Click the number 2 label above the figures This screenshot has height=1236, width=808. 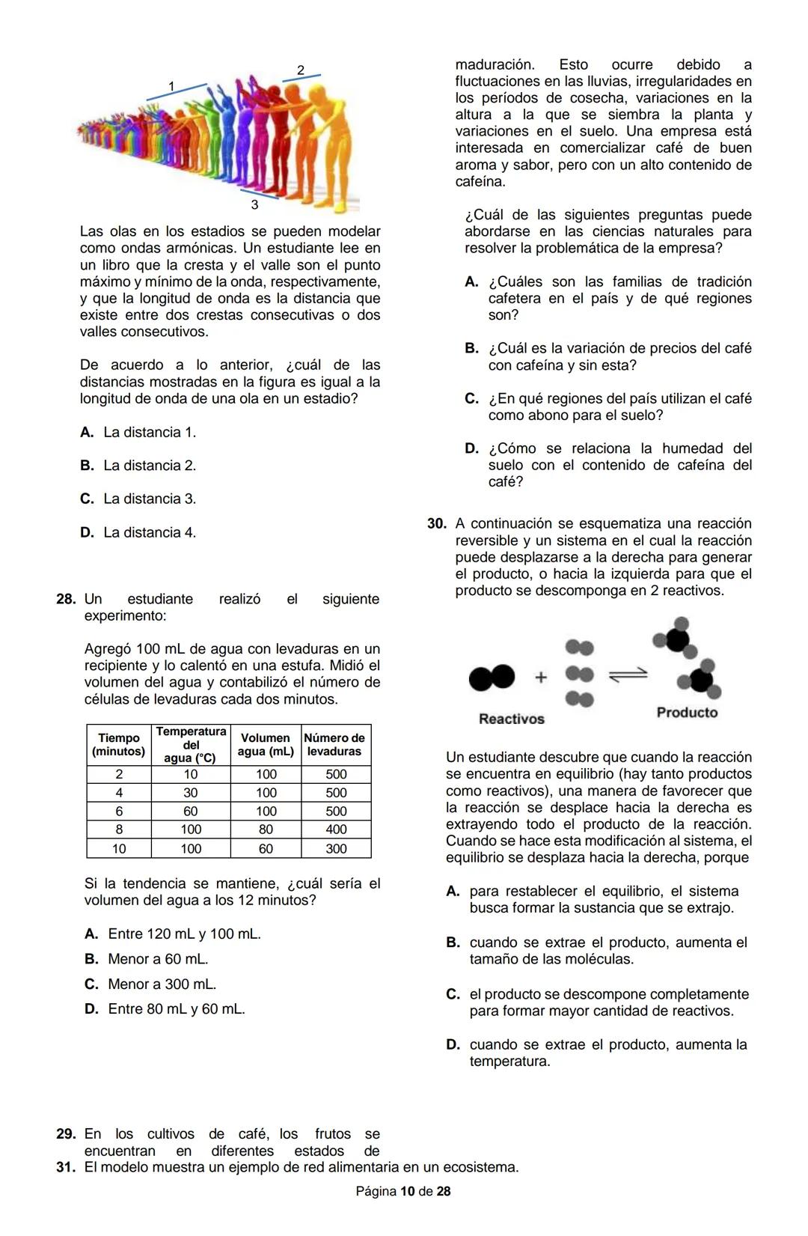click(x=301, y=70)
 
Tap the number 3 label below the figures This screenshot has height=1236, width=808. click(x=254, y=204)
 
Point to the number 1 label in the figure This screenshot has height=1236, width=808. click(x=171, y=86)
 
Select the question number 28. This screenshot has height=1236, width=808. click(x=66, y=599)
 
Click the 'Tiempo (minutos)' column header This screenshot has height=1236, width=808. click(x=119, y=744)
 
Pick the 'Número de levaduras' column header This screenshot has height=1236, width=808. click(x=335, y=744)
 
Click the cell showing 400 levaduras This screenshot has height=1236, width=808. click(x=336, y=829)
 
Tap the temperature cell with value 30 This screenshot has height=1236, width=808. click(x=191, y=792)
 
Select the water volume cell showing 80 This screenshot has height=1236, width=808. click(x=266, y=829)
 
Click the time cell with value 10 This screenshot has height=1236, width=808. click(x=119, y=848)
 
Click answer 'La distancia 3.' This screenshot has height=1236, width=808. click(x=150, y=499)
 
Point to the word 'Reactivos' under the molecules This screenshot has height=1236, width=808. click(x=512, y=719)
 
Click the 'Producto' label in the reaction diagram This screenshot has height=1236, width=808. click(x=687, y=712)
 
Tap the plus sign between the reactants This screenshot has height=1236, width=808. click(x=541, y=677)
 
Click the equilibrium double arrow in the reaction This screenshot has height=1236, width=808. click(x=628, y=675)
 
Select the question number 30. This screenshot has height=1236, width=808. click(x=437, y=524)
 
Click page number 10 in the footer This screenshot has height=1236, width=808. click(x=408, y=1191)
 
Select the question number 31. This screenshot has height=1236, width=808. click(x=66, y=1167)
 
